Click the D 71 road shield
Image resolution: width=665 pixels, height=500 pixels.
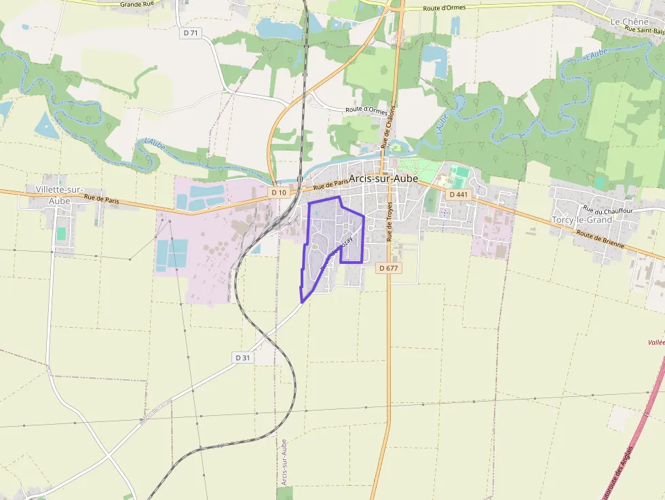pyautogui.click(x=191, y=33)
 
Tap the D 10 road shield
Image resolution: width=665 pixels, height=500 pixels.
pyautogui.click(x=278, y=193)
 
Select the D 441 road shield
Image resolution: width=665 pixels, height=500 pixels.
pyautogui.click(x=459, y=195)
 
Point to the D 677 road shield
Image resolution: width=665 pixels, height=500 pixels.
pyautogui.click(x=389, y=268)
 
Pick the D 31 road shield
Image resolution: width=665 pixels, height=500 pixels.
pyautogui.click(x=243, y=358)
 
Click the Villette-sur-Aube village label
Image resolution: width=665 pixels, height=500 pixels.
pyautogui.click(x=59, y=195)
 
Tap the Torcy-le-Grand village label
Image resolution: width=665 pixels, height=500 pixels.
pyautogui.click(x=582, y=220)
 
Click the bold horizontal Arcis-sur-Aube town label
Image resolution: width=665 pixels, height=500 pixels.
pyautogui.click(x=383, y=178)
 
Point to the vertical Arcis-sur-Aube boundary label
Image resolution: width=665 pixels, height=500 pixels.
pyautogui.click(x=284, y=462)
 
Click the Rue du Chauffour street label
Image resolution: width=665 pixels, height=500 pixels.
pyautogui.click(x=608, y=210)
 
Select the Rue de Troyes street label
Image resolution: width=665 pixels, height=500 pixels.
pyautogui.click(x=390, y=221)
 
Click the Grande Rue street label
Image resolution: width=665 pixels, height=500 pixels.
pyautogui.click(x=138, y=4)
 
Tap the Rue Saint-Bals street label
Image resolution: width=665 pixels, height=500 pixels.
pyautogui.click(x=644, y=30)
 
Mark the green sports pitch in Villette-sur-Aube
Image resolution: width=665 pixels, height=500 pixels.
pyautogui.click(x=61, y=233)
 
